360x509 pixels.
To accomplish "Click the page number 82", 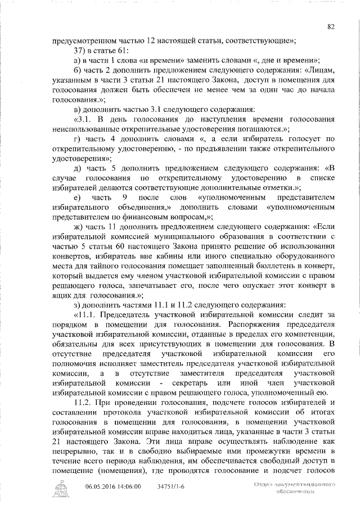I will tap(331, 26).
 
